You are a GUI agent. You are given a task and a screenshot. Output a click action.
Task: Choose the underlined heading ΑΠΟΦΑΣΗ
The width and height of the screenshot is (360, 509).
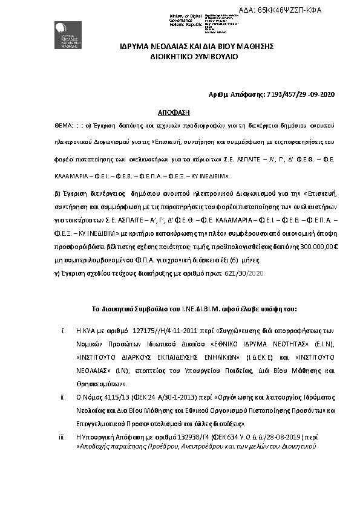[x=170, y=112]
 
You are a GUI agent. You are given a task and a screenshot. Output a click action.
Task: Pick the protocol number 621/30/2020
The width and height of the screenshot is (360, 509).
[x=247, y=274]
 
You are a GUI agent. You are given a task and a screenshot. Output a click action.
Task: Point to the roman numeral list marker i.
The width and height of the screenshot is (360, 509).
[x=63, y=331]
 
